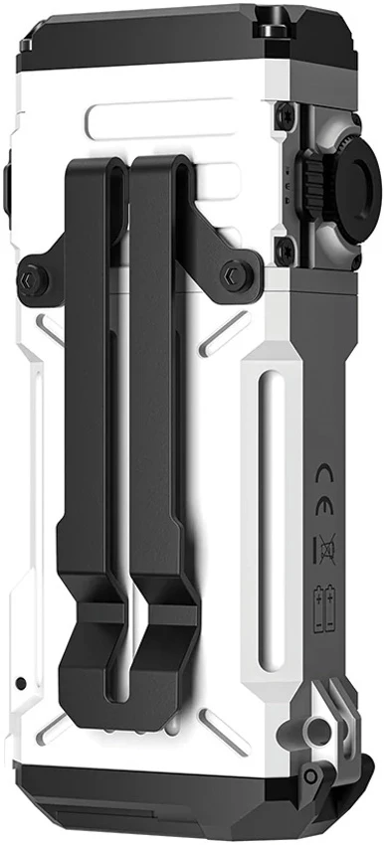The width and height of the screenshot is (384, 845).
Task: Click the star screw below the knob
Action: click(285, 251)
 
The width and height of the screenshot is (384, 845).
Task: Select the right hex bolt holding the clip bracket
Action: click(235, 275)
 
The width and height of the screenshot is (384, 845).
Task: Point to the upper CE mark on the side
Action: click(324, 472)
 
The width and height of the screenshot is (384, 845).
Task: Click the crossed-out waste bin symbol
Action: click(327, 548)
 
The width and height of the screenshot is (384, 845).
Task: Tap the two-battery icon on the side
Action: click(325, 607)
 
